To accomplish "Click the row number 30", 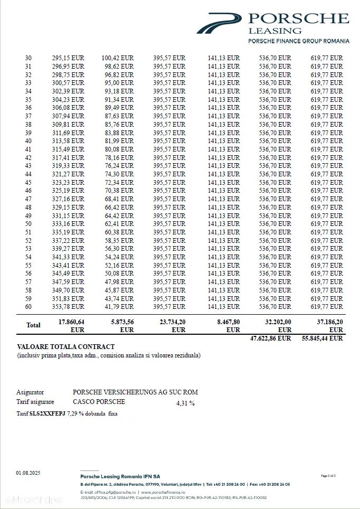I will click(x=28, y=58).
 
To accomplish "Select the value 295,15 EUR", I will click(x=68, y=58).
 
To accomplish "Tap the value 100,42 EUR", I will click(x=118, y=58).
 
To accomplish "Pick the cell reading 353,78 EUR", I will click(x=68, y=307).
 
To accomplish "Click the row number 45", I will click(x=28, y=183).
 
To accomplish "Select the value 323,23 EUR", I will click(x=68, y=183).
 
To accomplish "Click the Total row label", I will click(x=33, y=325).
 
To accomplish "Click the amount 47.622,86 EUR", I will click(x=270, y=338).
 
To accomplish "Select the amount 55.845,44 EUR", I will click(x=322, y=338).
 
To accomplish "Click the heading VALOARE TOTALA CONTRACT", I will click(x=65, y=347).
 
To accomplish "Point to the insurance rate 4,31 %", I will click(x=185, y=403).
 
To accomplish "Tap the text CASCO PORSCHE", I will click(x=99, y=402).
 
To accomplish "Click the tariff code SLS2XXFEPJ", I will click(x=47, y=413).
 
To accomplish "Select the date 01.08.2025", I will click(x=28, y=473).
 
